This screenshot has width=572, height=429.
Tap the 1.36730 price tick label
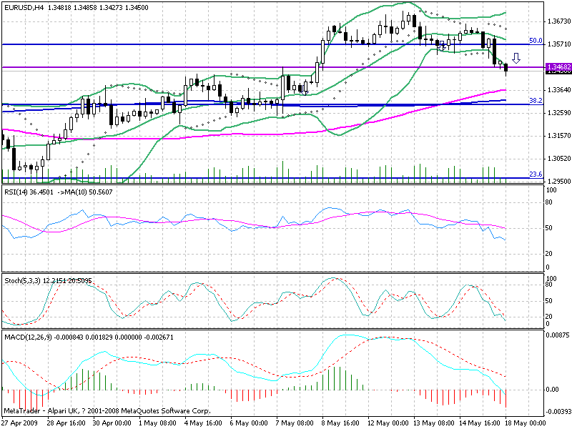coord(556,21)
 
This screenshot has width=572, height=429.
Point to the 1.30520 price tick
coord(556,158)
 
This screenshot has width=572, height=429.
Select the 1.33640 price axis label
coord(556,89)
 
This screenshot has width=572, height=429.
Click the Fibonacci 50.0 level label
coord(535,41)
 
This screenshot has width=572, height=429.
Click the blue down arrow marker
coord(516,58)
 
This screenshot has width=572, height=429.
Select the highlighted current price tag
coord(556,68)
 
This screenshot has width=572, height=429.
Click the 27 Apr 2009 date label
coord(23,423)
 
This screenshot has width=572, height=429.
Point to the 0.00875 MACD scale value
coord(556,335)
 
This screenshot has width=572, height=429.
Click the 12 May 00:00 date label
coord(387,423)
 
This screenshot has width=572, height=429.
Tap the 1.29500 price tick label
coord(556,181)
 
